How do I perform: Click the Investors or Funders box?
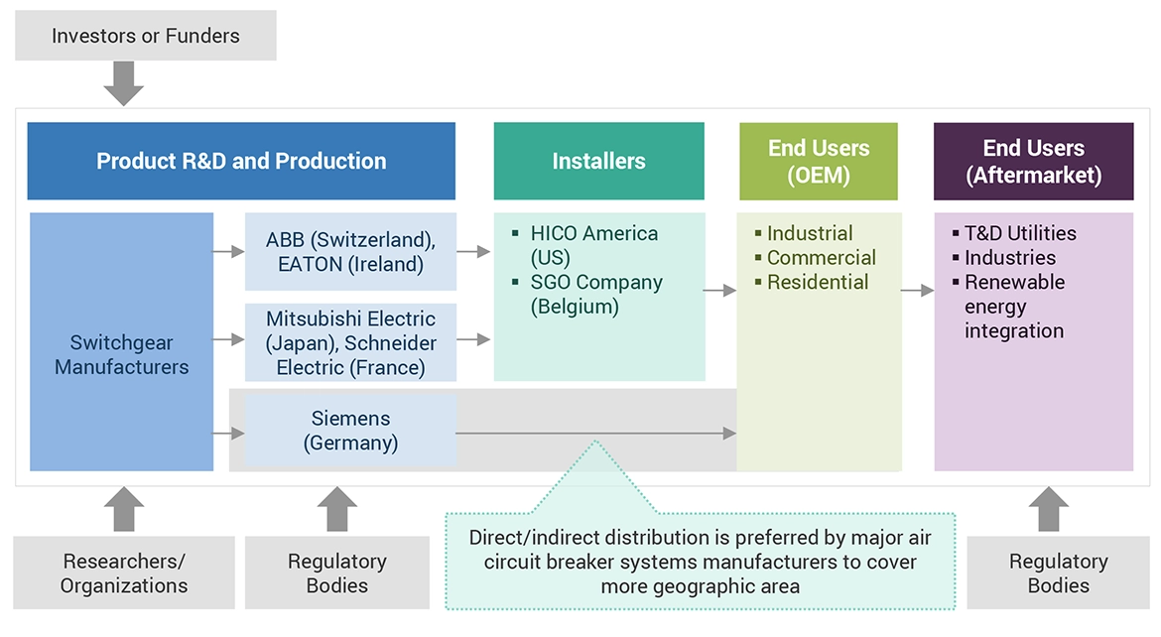(x=145, y=37)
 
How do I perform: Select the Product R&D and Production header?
(x=241, y=161)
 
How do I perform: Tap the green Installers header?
(x=598, y=161)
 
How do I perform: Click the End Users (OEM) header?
(x=819, y=161)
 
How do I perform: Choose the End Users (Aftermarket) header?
(x=1033, y=161)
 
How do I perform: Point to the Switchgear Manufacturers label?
(x=121, y=354)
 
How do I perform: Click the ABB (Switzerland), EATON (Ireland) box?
(x=350, y=252)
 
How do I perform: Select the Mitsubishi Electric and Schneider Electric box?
(x=350, y=342)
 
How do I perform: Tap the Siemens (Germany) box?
(x=350, y=431)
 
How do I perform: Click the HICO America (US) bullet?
(x=593, y=245)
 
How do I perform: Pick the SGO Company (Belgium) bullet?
(x=595, y=294)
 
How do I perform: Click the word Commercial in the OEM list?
(x=821, y=258)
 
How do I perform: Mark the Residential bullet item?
(x=817, y=282)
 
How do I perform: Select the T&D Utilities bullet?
(x=1019, y=233)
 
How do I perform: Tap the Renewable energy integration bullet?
(x=1013, y=306)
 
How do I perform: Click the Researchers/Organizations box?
(x=124, y=573)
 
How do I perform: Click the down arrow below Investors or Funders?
(x=124, y=82)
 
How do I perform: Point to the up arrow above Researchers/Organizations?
(x=124, y=508)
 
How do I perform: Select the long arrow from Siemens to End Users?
(x=595, y=433)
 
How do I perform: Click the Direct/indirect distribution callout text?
(x=701, y=562)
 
